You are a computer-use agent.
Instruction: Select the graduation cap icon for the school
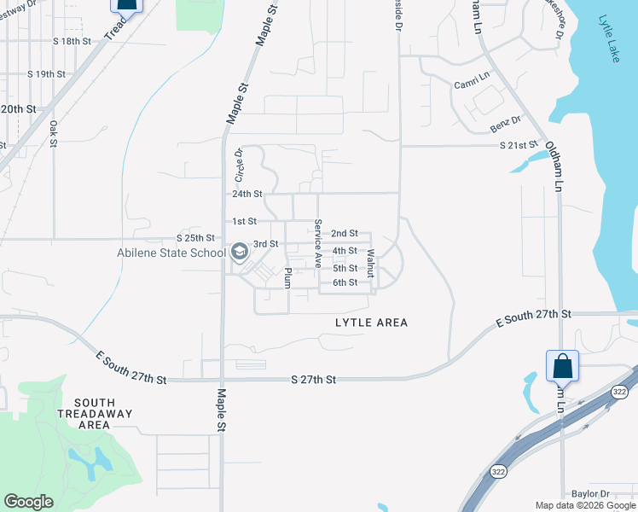[x=239, y=252]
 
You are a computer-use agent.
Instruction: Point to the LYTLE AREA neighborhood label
[x=371, y=323]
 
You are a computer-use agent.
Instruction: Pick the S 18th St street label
[x=72, y=41]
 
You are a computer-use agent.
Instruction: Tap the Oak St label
[x=53, y=132]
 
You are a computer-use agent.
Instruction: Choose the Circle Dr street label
[x=240, y=165]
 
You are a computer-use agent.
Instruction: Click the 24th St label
[x=246, y=194]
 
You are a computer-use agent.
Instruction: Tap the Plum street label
[x=288, y=278]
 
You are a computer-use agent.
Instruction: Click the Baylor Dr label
[x=590, y=494]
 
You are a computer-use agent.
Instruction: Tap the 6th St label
[x=345, y=282]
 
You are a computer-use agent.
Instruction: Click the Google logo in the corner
[x=28, y=501]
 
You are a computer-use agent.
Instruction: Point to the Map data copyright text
[x=585, y=505]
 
